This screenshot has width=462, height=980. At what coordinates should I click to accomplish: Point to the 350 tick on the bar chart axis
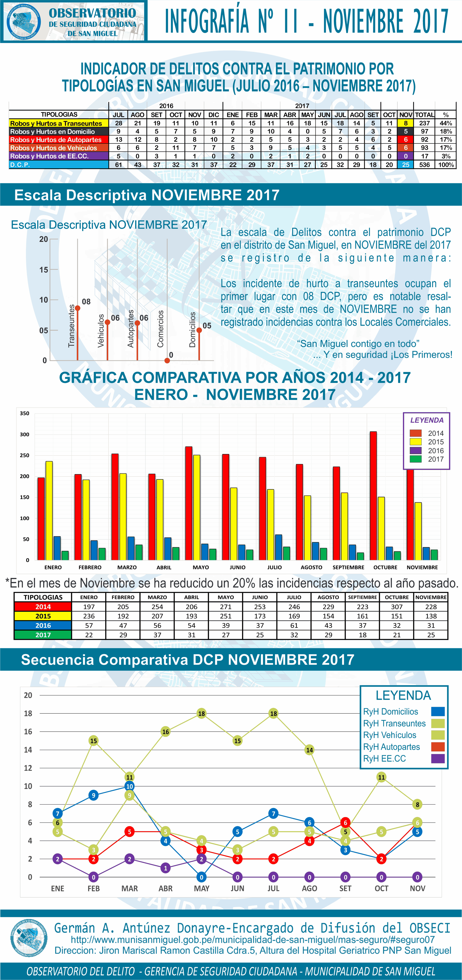[25, 413]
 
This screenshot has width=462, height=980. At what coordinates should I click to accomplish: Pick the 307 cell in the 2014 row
[397, 607]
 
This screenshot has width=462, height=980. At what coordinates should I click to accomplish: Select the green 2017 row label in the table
[43, 634]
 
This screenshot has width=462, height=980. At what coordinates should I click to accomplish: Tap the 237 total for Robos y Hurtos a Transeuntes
[424, 123]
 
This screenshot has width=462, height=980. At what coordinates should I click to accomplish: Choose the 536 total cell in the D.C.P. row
[424, 165]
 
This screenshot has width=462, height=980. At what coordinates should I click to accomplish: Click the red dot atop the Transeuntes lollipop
[78, 308]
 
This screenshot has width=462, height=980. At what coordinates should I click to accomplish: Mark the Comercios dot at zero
[167, 360]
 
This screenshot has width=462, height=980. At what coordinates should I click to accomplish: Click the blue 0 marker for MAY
[201, 877]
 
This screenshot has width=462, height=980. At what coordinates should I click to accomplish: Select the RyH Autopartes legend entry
[392, 747]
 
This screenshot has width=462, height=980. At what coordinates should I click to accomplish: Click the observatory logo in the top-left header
[23, 21]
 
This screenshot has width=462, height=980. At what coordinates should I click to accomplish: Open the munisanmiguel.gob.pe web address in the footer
[252, 939]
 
